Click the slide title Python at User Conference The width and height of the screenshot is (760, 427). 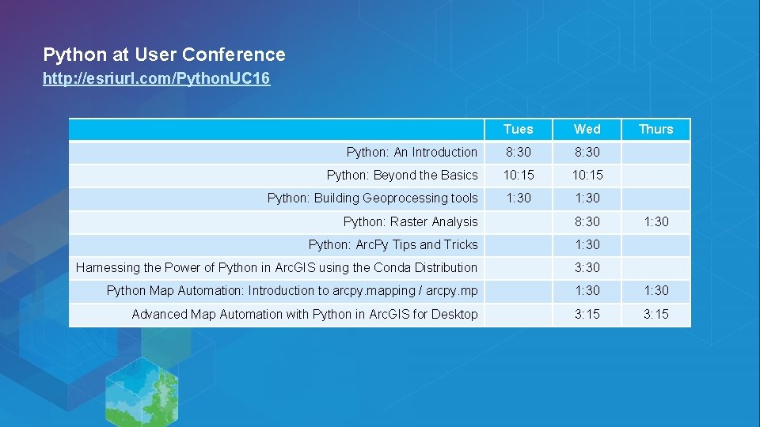pyautogui.click(x=164, y=55)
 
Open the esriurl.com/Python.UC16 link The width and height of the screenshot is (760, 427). pyautogui.click(x=156, y=79)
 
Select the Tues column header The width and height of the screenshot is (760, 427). pyautogui.click(x=518, y=129)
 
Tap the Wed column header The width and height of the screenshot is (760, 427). pyautogui.click(x=587, y=129)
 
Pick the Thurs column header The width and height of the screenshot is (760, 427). pyautogui.click(x=655, y=129)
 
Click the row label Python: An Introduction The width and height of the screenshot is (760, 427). pyautogui.click(x=412, y=152)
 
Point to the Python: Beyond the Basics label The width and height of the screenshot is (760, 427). pyautogui.click(x=402, y=175)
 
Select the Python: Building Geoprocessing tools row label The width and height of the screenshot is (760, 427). pyautogui.click(x=372, y=198)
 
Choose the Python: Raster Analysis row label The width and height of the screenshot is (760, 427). pyautogui.click(x=410, y=221)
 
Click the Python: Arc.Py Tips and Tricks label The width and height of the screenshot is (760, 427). pyautogui.click(x=393, y=244)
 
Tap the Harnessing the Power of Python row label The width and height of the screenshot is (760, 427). pyautogui.click(x=276, y=267)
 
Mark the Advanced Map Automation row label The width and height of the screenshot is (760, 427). pyautogui.click(x=305, y=314)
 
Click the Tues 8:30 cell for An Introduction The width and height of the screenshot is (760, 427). pyautogui.click(x=518, y=152)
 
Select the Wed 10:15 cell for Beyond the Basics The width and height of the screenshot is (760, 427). pyautogui.click(x=587, y=175)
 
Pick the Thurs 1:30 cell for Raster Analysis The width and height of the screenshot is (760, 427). pyautogui.click(x=655, y=221)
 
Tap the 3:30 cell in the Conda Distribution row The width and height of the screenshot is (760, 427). pyautogui.click(x=587, y=267)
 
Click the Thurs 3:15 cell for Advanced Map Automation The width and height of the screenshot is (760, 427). pyautogui.click(x=655, y=314)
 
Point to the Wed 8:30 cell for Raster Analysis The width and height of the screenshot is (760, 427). pyautogui.click(x=587, y=221)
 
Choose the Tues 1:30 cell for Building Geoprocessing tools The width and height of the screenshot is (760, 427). pyautogui.click(x=518, y=198)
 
